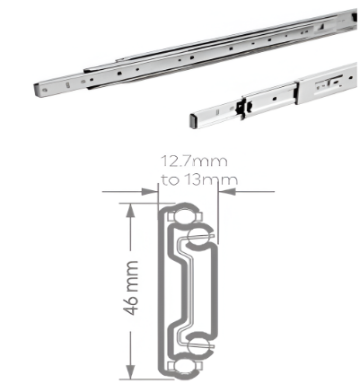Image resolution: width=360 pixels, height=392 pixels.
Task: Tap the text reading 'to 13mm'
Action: coord(198,179)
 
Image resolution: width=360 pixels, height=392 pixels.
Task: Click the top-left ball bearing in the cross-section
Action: coord(176,216)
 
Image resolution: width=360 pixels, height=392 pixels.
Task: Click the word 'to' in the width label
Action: coord(168,179)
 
